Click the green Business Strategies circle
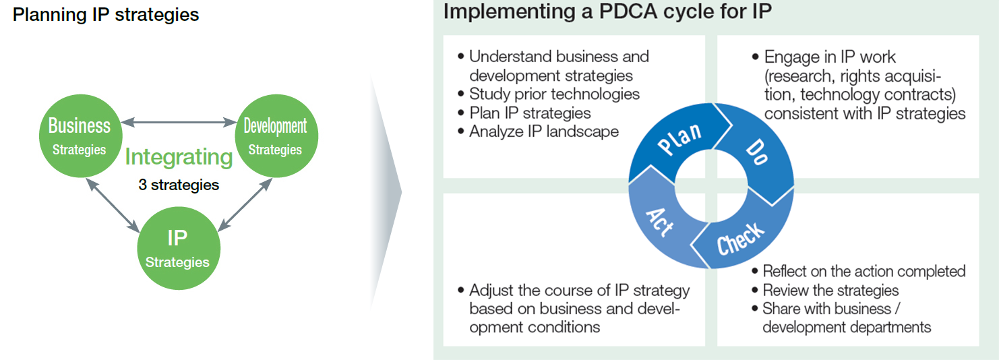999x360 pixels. pyautogui.click(x=80, y=136)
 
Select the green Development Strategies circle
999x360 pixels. pyautogui.click(x=276, y=136)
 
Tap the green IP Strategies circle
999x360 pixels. pyautogui.click(x=179, y=248)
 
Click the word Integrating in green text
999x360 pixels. pyautogui.click(x=179, y=157)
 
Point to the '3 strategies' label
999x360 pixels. pyautogui.click(x=179, y=185)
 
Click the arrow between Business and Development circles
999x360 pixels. pyautogui.click(x=179, y=122)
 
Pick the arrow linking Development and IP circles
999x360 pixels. pyautogui.click(x=245, y=205)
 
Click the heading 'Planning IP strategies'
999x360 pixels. pyautogui.click(x=106, y=15)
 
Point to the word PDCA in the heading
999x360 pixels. pyautogui.click(x=628, y=11)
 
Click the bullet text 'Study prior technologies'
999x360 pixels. pyautogui.click(x=554, y=94)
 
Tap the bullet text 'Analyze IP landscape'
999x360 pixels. pyautogui.click(x=544, y=131)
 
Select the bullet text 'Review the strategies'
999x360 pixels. pyautogui.click(x=830, y=291)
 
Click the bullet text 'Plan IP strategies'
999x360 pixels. pyautogui.click(x=530, y=113)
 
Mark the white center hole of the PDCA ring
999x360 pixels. pyautogui.click(x=711, y=185)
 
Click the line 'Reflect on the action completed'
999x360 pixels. pyautogui.click(x=864, y=271)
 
